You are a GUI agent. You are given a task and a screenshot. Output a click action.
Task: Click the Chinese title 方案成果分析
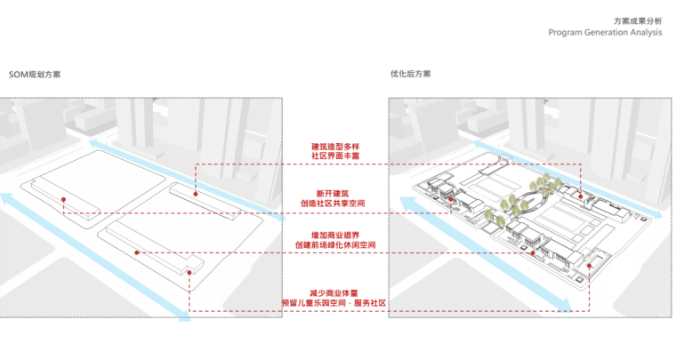click(x=638, y=20)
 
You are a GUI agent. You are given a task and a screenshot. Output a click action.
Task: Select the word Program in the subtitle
click(x=567, y=32)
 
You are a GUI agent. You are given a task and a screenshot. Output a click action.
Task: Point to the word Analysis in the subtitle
click(x=647, y=32)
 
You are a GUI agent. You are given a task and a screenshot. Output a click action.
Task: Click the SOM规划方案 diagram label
click(x=35, y=75)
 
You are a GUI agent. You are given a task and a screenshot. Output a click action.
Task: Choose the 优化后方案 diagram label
click(x=410, y=75)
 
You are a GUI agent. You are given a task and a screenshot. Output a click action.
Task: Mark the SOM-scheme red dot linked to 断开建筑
click(x=64, y=198)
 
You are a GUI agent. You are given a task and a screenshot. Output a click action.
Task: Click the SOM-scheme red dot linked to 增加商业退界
click(x=136, y=252)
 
